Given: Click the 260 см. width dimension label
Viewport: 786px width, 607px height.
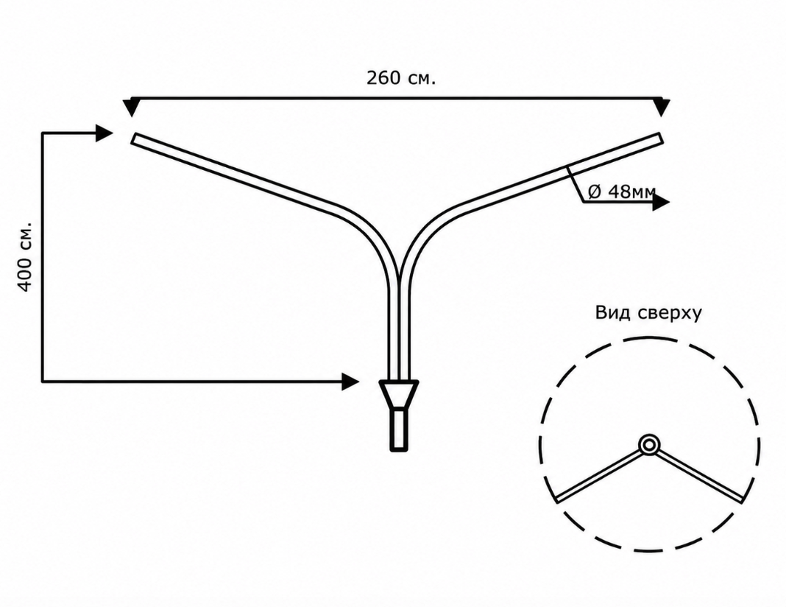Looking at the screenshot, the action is click(x=401, y=78).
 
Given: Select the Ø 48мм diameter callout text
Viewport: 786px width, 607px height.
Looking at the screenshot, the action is click(x=622, y=191).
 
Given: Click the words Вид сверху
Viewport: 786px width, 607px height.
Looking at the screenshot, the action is click(x=648, y=312).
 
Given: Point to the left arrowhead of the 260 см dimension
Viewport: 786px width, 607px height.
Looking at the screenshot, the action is click(x=131, y=108).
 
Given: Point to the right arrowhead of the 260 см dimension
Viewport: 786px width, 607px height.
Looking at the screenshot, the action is click(x=662, y=108).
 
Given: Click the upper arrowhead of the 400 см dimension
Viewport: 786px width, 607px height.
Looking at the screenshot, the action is click(x=105, y=133).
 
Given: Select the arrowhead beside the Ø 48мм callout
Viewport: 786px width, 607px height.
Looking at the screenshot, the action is click(x=661, y=202).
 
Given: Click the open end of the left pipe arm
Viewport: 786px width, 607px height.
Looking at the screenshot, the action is click(x=133, y=138).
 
